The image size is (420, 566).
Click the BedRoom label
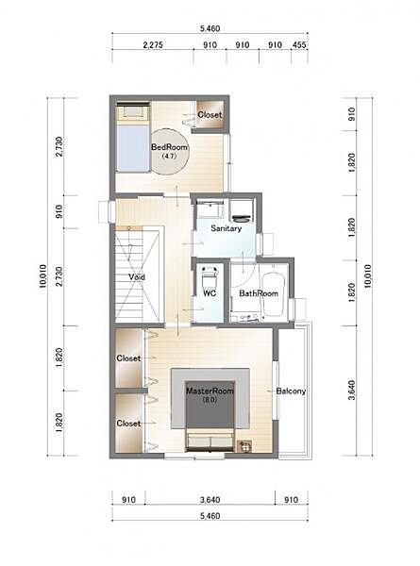point(169,147)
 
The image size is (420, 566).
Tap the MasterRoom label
point(210,391)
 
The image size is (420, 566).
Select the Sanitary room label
point(227,228)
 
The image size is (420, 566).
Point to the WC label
point(210,293)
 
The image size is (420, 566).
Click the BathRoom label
point(259,293)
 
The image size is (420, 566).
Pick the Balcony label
point(291,391)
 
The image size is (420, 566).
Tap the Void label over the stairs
point(137,276)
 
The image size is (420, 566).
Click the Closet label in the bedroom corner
point(210,115)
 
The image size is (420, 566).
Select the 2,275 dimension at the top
point(153,45)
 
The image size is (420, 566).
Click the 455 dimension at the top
point(299,45)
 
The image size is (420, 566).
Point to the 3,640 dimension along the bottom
point(210,500)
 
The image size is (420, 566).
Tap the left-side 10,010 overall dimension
point(43,276)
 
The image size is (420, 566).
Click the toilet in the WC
point(210,276)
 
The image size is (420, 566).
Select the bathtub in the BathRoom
point(274,294)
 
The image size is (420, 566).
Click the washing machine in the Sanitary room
point(242,211)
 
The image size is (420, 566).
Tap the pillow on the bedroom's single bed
point(133,112)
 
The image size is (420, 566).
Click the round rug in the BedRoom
point(169,152)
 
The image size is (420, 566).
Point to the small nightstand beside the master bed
point(244,446)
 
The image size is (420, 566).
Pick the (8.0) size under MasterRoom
point(210,400)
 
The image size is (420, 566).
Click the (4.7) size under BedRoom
point(168,157)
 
